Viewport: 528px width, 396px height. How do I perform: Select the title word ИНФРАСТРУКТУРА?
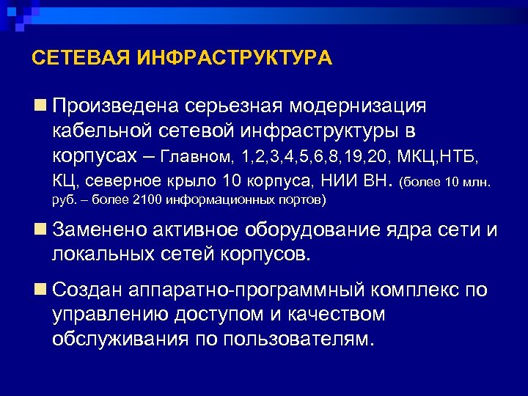pyautogui.click(x=235, y=58)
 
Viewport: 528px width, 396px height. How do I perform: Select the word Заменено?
pyautogui.click(x=101, y=230)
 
